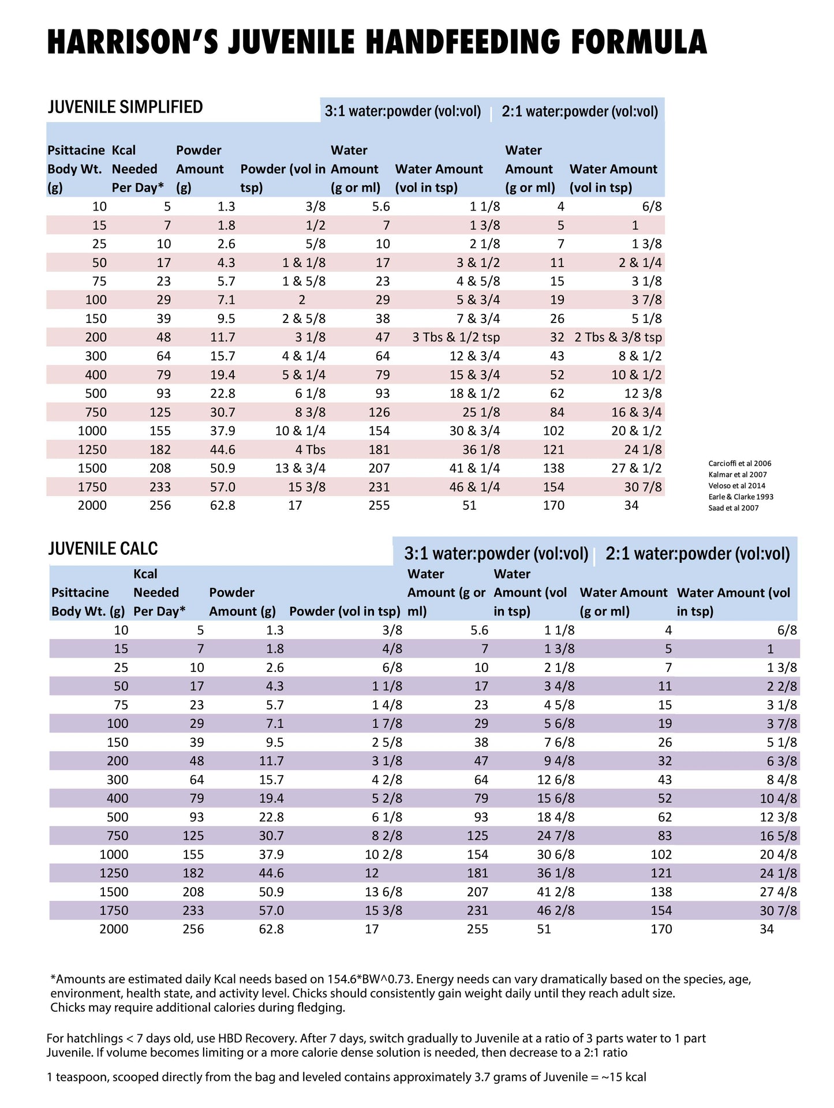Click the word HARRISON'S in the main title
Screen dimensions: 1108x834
pos(132,42)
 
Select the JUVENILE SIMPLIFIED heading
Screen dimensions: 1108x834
pos(125,107)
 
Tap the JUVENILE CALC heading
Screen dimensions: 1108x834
pos(103,549)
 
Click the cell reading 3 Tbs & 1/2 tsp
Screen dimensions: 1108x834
pos(455,337)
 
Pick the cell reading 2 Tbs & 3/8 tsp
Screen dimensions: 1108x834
pos(618,337)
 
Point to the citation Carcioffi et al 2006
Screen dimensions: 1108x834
pos(739,463)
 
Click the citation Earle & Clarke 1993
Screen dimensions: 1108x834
pos(740,497)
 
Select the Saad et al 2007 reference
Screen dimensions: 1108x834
pos(733,508)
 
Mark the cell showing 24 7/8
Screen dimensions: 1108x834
pos(555,836)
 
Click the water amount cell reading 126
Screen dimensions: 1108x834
pos(379,412)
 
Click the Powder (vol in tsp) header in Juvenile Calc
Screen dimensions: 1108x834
pos(344,611)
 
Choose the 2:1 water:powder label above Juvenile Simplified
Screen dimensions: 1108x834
pos(579,111)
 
